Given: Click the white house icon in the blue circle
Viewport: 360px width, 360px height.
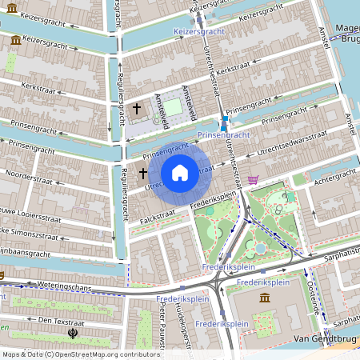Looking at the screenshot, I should click(179, 173).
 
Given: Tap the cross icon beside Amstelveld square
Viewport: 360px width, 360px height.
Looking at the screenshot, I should click(136, 107).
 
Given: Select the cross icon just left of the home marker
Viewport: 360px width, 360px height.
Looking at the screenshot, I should click(143, 173).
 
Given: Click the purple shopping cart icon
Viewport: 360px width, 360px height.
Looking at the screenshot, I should click(254, 180).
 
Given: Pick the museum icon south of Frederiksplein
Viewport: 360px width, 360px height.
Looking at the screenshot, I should click(265, 298).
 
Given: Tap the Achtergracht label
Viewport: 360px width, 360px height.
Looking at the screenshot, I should click(333, 178).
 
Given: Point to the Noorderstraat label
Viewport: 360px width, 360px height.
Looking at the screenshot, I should click(27, 173).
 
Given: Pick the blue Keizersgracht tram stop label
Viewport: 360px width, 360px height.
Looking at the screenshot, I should click(196, 32).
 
